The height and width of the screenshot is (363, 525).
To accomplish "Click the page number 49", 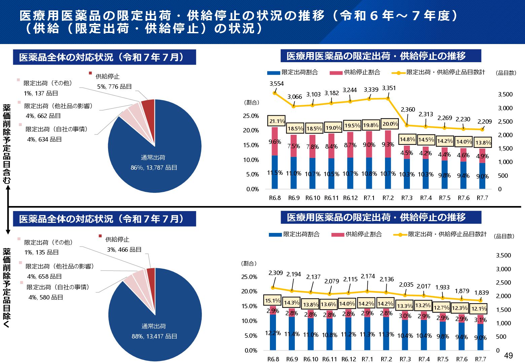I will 508,356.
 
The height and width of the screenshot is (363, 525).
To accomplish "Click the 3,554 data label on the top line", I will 277,84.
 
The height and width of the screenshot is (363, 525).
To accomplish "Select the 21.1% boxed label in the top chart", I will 277,121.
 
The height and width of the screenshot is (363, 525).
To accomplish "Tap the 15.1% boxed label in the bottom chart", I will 273,300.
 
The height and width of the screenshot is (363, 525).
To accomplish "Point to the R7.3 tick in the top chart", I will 407,198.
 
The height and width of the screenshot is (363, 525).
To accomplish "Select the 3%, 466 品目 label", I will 124,249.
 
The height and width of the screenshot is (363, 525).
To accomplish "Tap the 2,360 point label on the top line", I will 408,110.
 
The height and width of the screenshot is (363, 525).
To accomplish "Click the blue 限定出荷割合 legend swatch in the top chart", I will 273,73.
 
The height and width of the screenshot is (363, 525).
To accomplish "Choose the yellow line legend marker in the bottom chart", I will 400,235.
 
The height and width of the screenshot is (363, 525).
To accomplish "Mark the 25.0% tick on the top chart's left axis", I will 251,116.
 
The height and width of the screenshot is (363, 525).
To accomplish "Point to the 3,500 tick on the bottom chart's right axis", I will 503,255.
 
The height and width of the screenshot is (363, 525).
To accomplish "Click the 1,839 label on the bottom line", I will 482,293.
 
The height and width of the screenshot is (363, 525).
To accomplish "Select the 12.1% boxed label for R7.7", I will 479,309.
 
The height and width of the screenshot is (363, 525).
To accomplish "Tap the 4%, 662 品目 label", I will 43,116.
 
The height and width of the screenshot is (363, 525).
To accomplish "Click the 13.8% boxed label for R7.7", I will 483,143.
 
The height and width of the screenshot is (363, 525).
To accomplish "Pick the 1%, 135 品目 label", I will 41,252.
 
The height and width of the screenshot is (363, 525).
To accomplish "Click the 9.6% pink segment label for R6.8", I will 275,142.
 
